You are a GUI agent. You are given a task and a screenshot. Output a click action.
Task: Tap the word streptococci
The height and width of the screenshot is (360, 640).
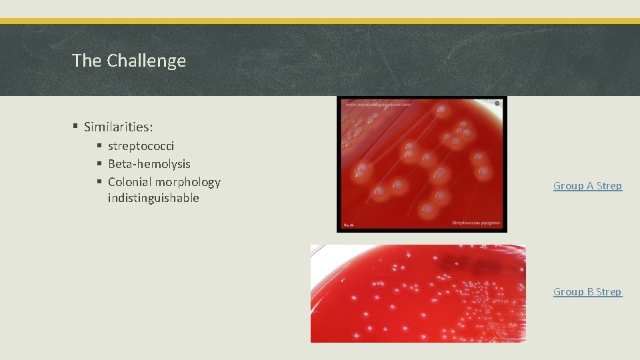pyautogui.click(x=141, y=146)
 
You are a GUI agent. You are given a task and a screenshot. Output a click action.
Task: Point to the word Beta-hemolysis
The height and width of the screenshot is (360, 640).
pyautogui.click(x=149, y=164)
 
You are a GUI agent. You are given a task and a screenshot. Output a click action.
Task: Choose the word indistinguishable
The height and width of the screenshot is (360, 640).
pyautogui.click(x=153, y=199)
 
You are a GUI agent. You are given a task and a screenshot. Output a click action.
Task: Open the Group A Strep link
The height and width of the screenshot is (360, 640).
pyautogui.click(x=587, y=186)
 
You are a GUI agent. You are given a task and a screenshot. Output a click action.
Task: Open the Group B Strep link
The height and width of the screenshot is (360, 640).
pyautogui.click(x=587, y=292)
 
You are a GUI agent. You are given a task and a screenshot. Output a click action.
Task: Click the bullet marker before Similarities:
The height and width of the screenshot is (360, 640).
pyautogui.click(x=76, y=127)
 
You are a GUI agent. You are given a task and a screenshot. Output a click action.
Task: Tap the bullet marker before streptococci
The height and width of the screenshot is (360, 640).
pyautogui.click(x=99, y=146)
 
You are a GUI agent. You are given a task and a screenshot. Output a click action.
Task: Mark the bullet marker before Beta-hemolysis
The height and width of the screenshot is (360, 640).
pyautogui.click(x=99, y=164)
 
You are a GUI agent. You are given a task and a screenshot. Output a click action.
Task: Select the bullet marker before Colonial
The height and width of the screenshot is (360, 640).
pyautogui.click(x=99, y=182)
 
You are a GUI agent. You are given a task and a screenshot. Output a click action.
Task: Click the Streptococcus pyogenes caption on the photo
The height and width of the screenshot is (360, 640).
pyautogui.click(x=476, y=223)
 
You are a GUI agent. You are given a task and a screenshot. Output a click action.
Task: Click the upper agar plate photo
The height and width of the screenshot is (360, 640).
pyautogui.click(x=421, y=164)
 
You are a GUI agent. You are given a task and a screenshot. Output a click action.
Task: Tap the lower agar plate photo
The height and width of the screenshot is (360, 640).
pyautogui.click(x=418, y=293)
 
